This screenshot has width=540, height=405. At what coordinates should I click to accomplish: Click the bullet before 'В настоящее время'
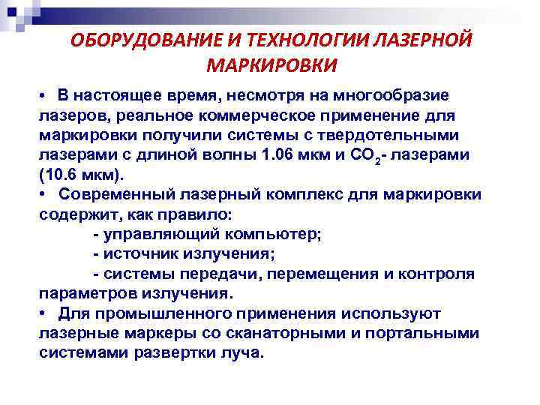[45, 97]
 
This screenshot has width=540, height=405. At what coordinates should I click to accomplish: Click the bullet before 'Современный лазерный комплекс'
[45, 195]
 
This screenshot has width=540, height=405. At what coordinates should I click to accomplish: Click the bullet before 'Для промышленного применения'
[45, 312]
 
